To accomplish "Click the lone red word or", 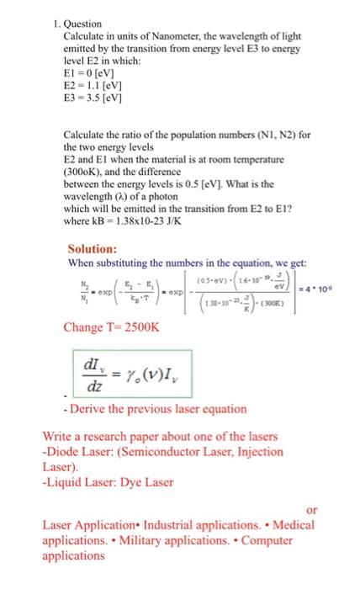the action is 311,511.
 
